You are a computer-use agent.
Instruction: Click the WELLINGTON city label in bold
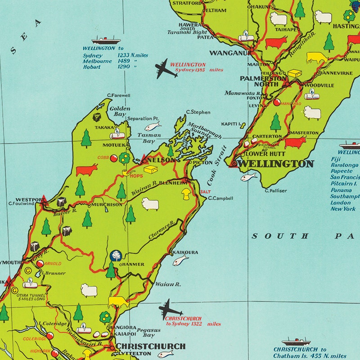click(x=275, y=164)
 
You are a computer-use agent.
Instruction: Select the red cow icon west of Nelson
click(x=86, y=170)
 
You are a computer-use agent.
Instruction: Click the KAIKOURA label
click(x=185, y=252)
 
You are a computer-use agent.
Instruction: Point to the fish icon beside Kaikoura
click(x=180, y=260)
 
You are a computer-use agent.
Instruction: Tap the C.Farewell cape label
click(x=119, y=95)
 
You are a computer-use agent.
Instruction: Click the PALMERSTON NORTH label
click(x=263, y=81)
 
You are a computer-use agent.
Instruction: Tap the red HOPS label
click(x=136, y=175)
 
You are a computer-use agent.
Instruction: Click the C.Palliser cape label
click(x=275, y=191)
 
